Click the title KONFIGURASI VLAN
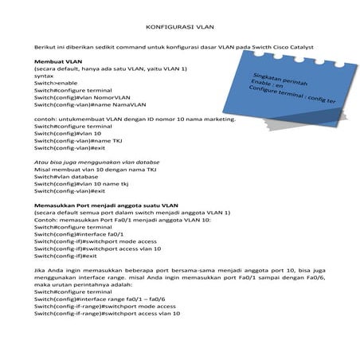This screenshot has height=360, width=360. [178, 25]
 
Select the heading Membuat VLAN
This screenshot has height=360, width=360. [57, 61]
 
